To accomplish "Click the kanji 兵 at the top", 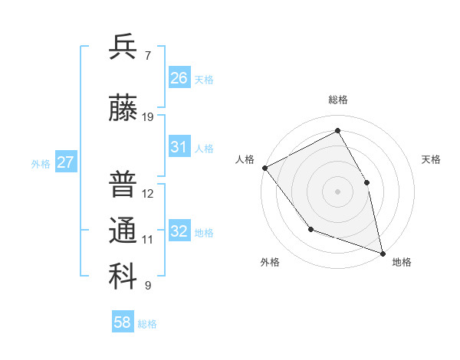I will coord(123,47).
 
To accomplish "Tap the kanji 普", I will coord(123,185).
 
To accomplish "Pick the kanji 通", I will coord(123,231).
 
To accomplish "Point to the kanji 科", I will coord(123,277).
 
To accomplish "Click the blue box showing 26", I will coord(179,78).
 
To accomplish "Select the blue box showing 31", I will coord(179,147).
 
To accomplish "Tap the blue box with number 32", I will coord(179,231).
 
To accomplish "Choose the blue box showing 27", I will coord(66,162).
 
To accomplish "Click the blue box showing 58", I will coord(123,322).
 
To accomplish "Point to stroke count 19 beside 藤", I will coord(148,117).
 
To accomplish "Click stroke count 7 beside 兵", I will coord(148,56).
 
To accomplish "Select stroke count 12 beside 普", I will coord(148,194).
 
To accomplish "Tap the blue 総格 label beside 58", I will coord(147,324).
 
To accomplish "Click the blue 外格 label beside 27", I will coord(41,163).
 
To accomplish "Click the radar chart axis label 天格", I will coord(432,159).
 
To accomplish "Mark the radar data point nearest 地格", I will coord(382,253).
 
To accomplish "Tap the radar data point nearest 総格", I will coord(337,131).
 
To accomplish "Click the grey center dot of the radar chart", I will coord(337,191).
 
